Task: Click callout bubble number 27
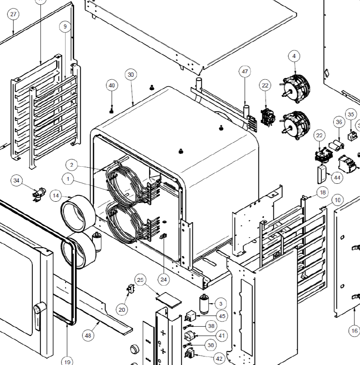[x=14, y=14]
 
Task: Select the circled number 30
[x=131, y=75]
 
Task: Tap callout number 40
[x=112, y=86]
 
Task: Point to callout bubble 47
[x=245, y=72]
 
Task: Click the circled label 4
[x=294, y=56]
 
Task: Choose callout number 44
[x=337, y=177]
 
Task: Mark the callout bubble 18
[x=322, y=193]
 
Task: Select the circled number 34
[x=16, y=181]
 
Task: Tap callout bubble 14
[x=56, y=196]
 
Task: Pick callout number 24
[x=164, y=279]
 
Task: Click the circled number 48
[x=88, y=336]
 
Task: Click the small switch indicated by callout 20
[x=131, y=290]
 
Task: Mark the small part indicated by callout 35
[x=352, y=136]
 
